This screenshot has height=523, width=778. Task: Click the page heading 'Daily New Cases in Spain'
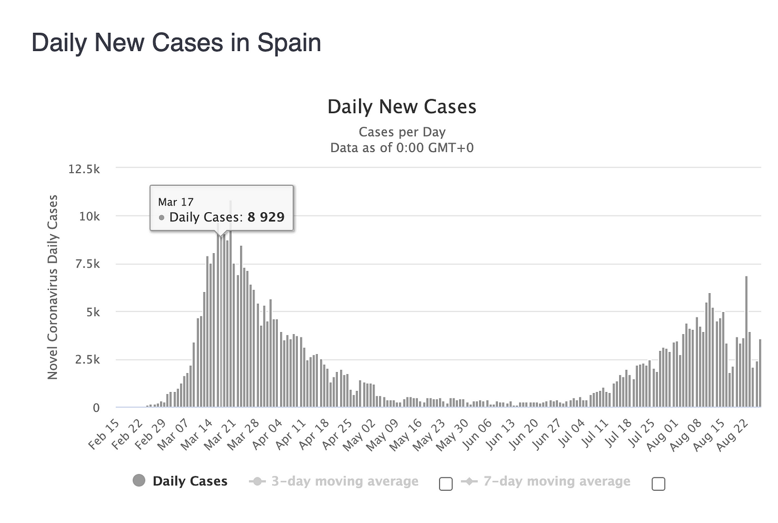[176, 43]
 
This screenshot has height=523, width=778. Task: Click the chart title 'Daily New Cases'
[402, 107]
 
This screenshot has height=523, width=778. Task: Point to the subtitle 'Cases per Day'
[402, 132]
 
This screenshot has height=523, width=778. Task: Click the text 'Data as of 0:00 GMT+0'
[402, 148]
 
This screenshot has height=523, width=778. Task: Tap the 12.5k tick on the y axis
[84, 169]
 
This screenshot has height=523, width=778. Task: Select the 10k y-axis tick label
[89, 217]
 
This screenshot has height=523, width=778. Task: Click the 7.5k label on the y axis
[87, 264]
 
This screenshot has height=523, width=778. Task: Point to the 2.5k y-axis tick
[87, 360]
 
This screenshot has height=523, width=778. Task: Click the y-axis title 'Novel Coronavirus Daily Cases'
[53, 287]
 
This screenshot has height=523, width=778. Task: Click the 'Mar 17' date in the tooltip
[176, 202]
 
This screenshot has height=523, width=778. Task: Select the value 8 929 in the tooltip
[266, 217]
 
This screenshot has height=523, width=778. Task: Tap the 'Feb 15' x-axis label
[104, 435]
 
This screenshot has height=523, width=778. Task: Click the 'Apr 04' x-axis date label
[268, 435]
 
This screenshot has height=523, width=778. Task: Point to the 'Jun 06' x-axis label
[477, 435]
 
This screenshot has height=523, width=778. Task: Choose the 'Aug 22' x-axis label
[735, 435]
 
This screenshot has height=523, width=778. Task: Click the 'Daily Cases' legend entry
[189, 481]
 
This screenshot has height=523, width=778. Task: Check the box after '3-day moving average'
[446, 484]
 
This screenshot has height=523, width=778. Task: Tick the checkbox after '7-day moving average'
[658, 484]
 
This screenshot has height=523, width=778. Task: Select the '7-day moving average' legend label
[556, 481]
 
